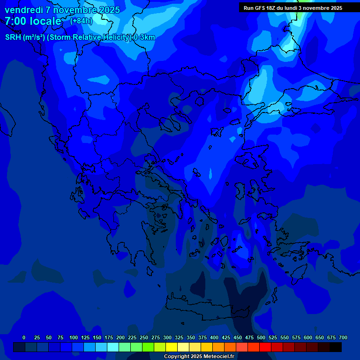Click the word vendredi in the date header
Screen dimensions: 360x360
click(23, 10)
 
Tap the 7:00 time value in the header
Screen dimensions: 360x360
click(16, 22)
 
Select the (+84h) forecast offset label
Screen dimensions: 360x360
click(81, 21)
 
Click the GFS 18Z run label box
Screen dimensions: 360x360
click(292, 8)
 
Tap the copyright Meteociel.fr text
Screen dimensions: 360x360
click(198, 357)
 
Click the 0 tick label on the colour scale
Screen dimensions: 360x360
click(24, 337)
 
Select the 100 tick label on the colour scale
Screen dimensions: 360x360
click(74, 337)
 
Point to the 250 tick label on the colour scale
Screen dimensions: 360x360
click(144, 337)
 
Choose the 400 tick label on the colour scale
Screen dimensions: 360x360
click(214, 337)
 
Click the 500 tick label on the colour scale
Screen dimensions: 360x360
click(261, 337)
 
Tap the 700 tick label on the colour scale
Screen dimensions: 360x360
click(343, 337)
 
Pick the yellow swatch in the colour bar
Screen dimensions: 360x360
click(172, 347)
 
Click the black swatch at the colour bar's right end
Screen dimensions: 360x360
click(336, 347)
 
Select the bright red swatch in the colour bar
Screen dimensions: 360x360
click(265, 347)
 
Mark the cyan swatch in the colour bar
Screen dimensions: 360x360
click(113, 347)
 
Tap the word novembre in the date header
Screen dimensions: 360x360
click(76, 10)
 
